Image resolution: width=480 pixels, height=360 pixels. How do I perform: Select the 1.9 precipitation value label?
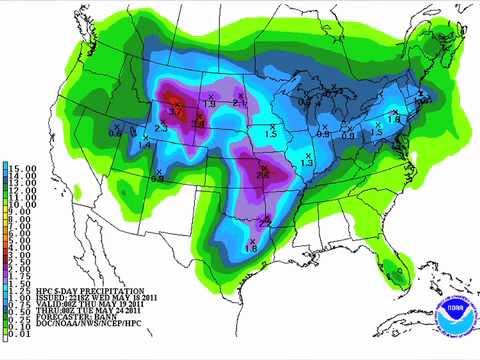click(210, 104)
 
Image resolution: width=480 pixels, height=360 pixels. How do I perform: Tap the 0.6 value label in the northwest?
click(115, 132)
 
